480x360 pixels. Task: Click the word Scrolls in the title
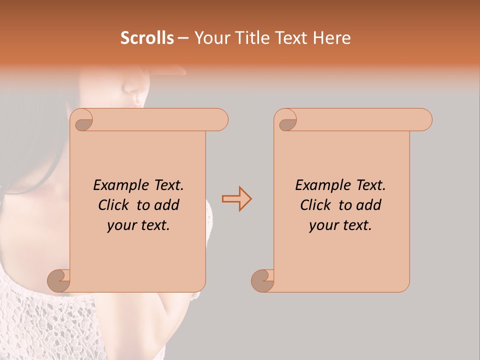[x=147, y=38]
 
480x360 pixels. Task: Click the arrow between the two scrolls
[x=236, y=199]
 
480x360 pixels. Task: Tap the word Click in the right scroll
[x=315, y=205]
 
